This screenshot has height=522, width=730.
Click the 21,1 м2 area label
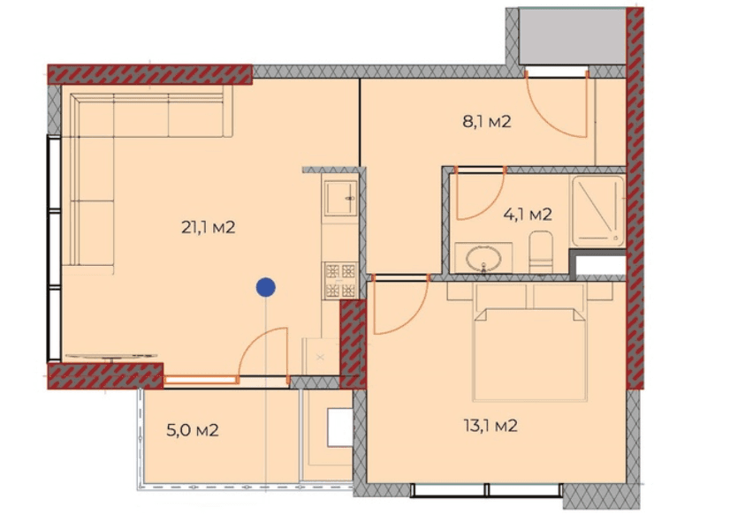point(208,228)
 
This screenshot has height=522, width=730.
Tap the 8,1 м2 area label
point(486,122)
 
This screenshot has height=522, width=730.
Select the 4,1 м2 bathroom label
point(528,215)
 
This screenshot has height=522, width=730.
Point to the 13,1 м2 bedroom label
point(490,426)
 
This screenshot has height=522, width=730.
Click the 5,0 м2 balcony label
point(193,430)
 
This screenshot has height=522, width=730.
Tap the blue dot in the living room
point(266,288)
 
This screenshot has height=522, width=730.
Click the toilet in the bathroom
point(541,252)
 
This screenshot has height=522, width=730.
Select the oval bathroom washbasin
point(484,258)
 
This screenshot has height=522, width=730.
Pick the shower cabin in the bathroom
point(597,211)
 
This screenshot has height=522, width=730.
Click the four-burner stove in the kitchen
point(340,280)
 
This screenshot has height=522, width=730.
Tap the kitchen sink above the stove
point(340,198)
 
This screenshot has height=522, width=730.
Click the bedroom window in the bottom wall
point(486,490)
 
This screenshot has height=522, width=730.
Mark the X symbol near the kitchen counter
point(320,358)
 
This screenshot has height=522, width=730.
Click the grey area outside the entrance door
point(572,36)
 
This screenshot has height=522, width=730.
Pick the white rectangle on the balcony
point(339,427)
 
